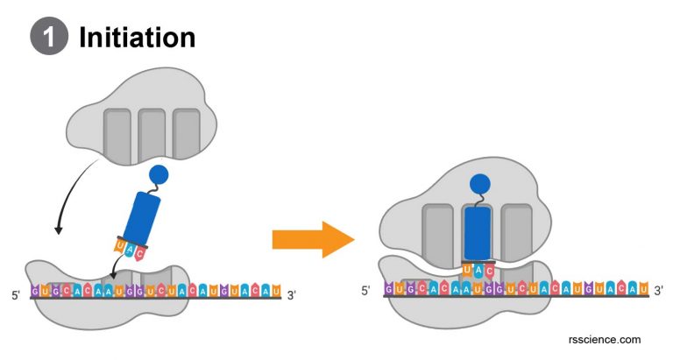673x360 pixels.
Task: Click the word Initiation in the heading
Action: click(x=137, y=37)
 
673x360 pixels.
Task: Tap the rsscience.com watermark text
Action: click(x=604, y=339)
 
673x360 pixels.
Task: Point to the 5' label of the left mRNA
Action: click(x=17, y=294)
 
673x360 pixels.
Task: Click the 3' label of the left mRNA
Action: click(x=292, y=294)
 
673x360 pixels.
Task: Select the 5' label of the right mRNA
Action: click(x=366, y=290)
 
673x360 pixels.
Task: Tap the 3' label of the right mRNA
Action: click(x=658, y=290)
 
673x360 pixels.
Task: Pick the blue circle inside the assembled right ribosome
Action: click(x=478, y=184)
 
